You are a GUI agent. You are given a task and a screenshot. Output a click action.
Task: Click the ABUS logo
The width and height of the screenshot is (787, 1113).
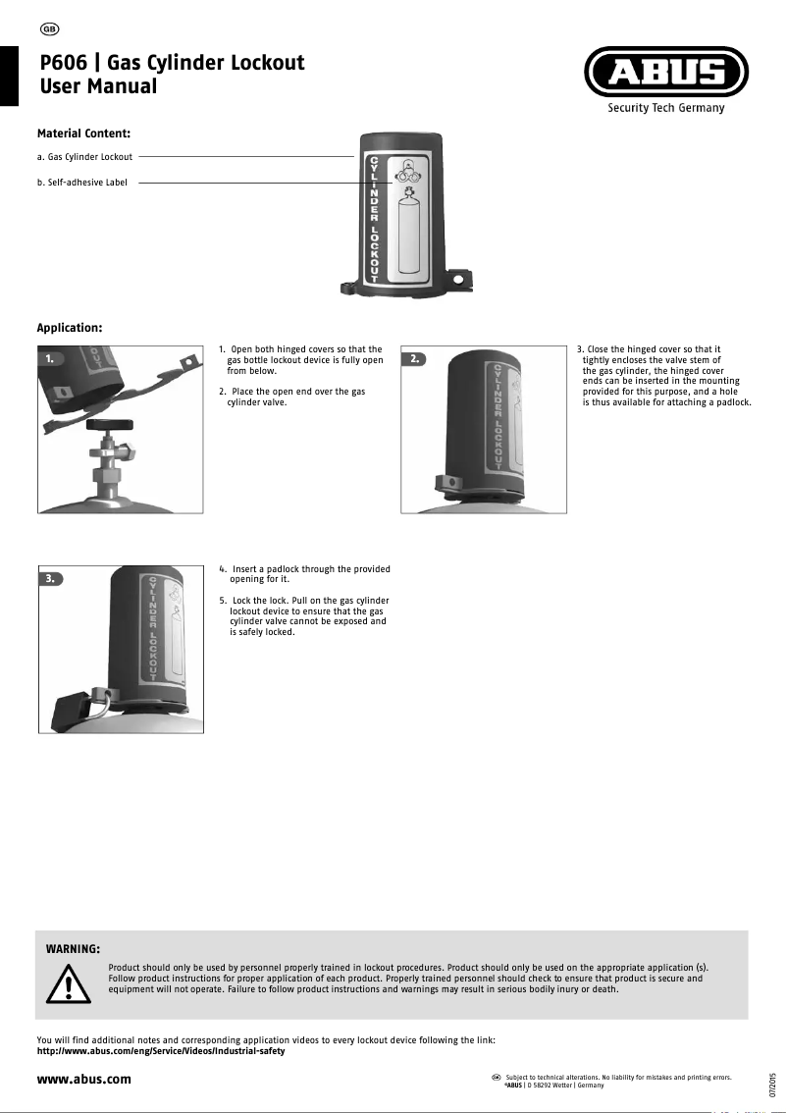(x=666, y=73)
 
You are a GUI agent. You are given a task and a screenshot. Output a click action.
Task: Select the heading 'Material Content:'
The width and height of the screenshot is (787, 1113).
(x=83, y=132)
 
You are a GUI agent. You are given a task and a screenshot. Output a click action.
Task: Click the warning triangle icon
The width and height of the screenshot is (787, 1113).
(x=68, y=982)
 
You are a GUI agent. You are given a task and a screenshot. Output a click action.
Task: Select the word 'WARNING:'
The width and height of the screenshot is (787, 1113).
(x=74, y=949)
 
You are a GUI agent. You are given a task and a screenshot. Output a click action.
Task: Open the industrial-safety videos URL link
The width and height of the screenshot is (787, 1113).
(x=160, y=1051)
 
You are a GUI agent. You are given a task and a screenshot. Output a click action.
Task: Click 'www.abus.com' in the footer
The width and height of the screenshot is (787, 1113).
(x=83, y=1080)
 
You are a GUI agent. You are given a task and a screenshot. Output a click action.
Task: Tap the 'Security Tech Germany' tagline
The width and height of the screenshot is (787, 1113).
(x=666, y=108)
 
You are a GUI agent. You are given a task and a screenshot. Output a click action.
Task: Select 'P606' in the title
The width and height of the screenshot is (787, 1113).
(x=65, y=63)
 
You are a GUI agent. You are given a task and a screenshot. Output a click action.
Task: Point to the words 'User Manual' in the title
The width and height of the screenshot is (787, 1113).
(x=98, y=86)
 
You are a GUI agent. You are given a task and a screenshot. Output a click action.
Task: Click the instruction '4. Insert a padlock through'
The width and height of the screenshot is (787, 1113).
(x=304, y=569)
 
